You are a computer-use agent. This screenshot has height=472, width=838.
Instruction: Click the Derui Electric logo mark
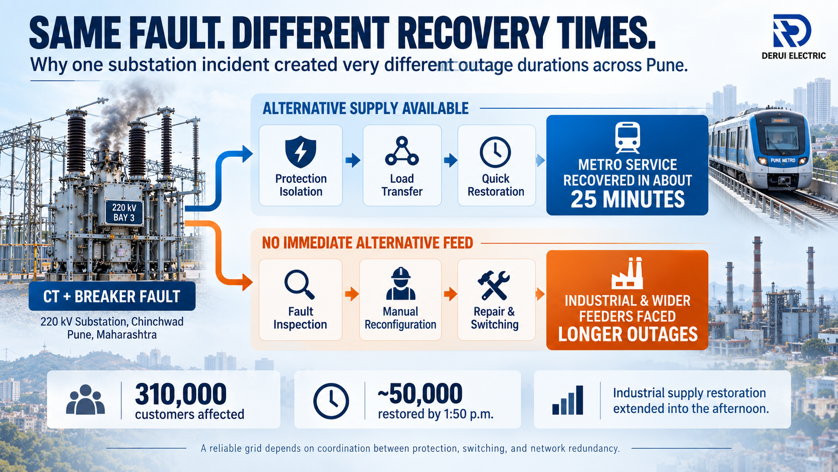pyautogui.click(x=792, y=31)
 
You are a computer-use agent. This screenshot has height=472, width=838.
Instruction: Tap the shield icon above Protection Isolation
pyautogui.click(x=300, y=152)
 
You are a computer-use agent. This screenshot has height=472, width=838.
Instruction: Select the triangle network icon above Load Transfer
pyautogui.click(x=402, y=151)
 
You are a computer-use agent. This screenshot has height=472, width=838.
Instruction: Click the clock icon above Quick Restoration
pyautogui.click(x=495, y=152)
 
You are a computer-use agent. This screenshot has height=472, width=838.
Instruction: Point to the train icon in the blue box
pyautogui.click(x=627, y=137)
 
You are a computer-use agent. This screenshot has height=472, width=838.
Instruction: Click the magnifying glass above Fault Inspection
pyautogui.click(x=299, y=284)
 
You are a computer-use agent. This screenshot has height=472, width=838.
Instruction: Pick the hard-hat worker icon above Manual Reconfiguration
pyautogui.click(x=400, y=283)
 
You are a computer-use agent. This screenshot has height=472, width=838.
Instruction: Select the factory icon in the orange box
pyautogui.click(x=627, y=273)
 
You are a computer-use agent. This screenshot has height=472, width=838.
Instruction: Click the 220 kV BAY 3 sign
pyautogui.click(x=124, y=212)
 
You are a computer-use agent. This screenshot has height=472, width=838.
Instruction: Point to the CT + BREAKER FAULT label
pyautogui.click(x=112, y=296)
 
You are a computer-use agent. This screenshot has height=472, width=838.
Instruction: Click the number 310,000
pyautogui.click(x=181, y=394)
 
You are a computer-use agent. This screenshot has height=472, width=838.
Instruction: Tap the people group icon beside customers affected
pyautogui.click(x=85, y=399)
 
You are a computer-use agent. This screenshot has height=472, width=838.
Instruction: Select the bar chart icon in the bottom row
pyautogui.click(x=567, y=400)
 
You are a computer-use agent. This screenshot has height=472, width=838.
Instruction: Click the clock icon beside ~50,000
pyautogui.click(x=331, y=401)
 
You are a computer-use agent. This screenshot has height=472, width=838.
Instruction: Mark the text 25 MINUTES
pyautogui.click(x=627, y=199)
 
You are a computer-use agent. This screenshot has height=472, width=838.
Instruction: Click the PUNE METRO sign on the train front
pyautogui.click(x=783, y=161)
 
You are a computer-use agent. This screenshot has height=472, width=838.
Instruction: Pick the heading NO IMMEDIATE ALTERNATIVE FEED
pyautogui.click(x=367, y=243)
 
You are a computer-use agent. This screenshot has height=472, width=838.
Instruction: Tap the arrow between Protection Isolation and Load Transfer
pyautogui.click(x=352, y=161)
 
